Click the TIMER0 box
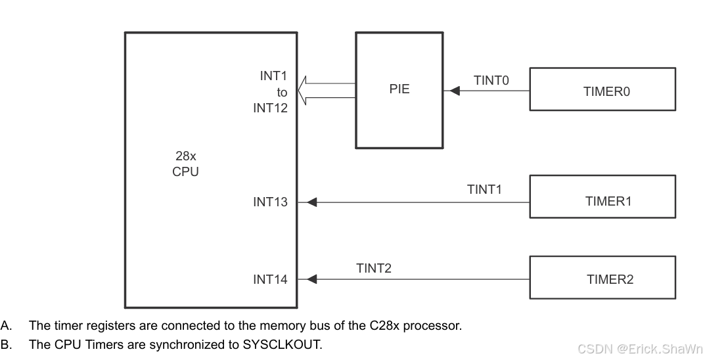click(602, 89)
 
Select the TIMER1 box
click(602, 196)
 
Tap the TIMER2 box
click(602, 277)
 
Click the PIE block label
click(399, 89)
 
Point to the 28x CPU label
click(185, 164)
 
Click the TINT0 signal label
click(491, 81)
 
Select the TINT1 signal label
click(484, 190)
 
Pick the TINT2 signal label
click(374, 268)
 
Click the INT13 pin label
click(270, 202)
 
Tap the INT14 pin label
click(270, 280)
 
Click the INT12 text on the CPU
click(270, 108)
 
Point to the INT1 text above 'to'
click(273, 76)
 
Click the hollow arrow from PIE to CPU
click(326, 91)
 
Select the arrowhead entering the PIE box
click(454, 91)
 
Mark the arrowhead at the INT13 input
click(311, 202)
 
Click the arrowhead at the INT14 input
click(311, 279)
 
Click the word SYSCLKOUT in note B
click(284, 345)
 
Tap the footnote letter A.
click(5, 326)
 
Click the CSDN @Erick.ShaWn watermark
click(639, 349)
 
